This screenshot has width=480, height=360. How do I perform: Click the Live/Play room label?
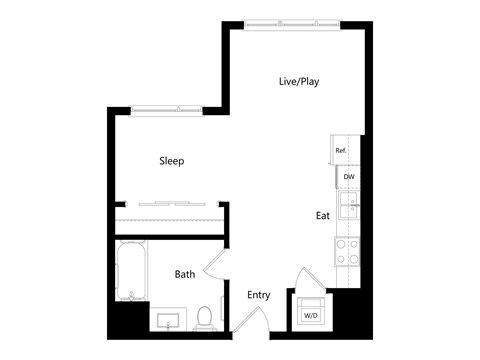click(298, 82)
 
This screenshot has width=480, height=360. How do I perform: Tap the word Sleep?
click(172, 161)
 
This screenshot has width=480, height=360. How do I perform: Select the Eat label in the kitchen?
click(323, 215)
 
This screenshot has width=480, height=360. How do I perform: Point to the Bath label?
click(185, 274)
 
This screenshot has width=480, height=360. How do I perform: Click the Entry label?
click(259, 295)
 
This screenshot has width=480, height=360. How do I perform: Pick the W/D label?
click(311, 316)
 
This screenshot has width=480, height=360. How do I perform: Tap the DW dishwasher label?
click(349, 177)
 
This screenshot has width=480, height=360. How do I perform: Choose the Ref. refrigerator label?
click(341, 151)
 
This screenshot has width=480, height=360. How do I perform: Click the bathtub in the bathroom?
click(130, 271)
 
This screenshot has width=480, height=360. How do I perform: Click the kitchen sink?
click(348, 208)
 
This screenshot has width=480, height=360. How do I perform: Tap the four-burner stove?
click(348, 251)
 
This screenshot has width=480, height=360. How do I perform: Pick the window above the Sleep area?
click(167, 107)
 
